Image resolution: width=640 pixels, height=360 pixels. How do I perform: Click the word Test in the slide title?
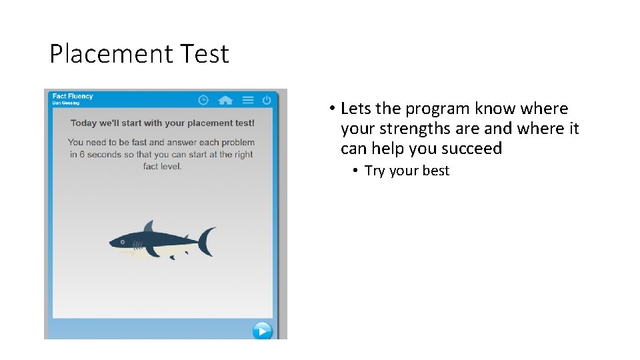203,54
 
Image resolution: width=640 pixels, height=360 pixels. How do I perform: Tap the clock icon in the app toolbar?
203,100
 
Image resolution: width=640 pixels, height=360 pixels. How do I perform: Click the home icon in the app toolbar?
225,100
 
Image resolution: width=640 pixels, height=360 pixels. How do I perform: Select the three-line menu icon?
248,100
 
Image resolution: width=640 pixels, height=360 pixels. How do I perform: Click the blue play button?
262,330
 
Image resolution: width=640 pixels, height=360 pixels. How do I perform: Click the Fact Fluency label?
73,96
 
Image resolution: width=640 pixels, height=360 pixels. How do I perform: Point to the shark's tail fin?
208,241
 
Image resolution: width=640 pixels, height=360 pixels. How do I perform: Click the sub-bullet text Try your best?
407,171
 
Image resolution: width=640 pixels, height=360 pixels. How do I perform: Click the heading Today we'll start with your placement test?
163,123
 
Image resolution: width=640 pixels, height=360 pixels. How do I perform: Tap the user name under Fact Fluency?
65,103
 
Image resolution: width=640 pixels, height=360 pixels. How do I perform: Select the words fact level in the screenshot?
163,166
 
